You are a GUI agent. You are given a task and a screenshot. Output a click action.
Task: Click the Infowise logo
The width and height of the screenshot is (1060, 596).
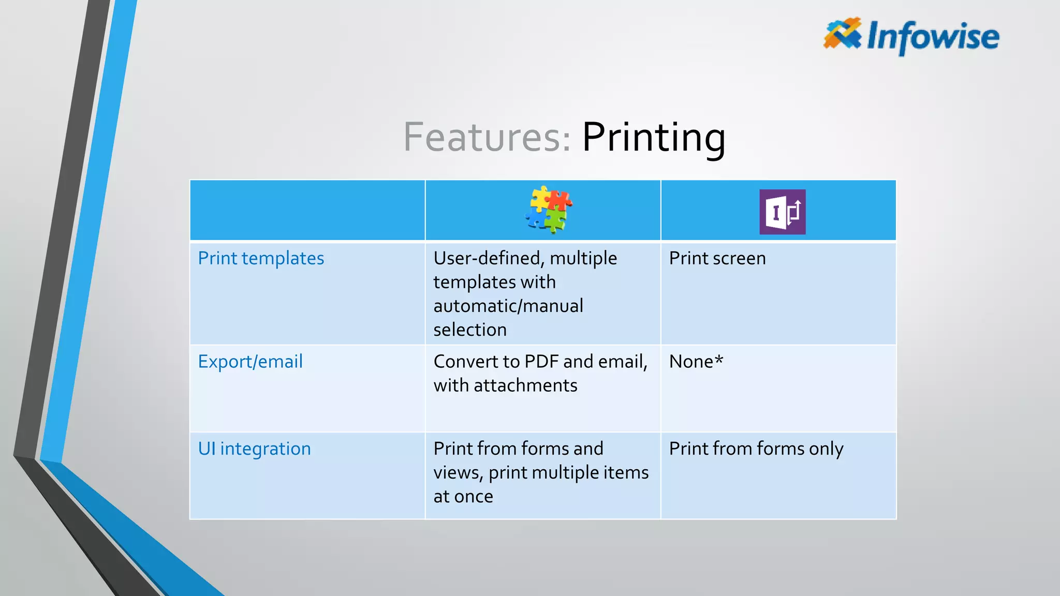(x=911, y=36)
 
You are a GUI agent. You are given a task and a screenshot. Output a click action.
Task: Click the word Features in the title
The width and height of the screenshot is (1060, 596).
(x=486, y=137)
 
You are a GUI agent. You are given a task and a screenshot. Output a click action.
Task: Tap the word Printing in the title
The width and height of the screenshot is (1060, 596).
(x=653, y=138)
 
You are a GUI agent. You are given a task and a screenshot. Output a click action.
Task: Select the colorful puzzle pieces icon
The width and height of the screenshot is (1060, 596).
(x=548, y=210)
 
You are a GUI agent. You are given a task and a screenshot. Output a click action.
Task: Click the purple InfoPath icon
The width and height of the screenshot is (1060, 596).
(x=782, y=212)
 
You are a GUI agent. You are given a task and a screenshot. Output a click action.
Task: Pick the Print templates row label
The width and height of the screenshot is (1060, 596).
(x=261, y=258)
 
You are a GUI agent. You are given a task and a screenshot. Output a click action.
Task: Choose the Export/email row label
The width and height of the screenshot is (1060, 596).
(x=250, y=362)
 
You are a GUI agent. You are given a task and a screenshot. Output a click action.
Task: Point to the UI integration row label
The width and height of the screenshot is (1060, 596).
(x=254, y=449)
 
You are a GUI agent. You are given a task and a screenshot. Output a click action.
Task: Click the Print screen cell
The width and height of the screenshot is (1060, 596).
(x=717, y=258)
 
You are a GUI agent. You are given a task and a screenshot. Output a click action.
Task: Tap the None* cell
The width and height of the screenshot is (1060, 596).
(x=695, y=362)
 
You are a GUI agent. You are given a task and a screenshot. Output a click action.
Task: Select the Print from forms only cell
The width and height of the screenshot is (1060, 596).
(x=756, y=449)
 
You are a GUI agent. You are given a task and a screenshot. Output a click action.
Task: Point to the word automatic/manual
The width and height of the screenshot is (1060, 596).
(x=508, y=306)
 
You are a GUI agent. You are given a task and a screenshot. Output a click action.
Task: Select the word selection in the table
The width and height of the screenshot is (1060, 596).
(x=470, y=330)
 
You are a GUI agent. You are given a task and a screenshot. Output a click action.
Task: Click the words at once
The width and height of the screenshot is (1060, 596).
(x=463, y=496)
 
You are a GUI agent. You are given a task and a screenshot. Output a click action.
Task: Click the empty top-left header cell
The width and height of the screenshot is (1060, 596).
(x=307, y=210)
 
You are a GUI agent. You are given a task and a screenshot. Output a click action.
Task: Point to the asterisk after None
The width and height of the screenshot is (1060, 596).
(x=718, y=359)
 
